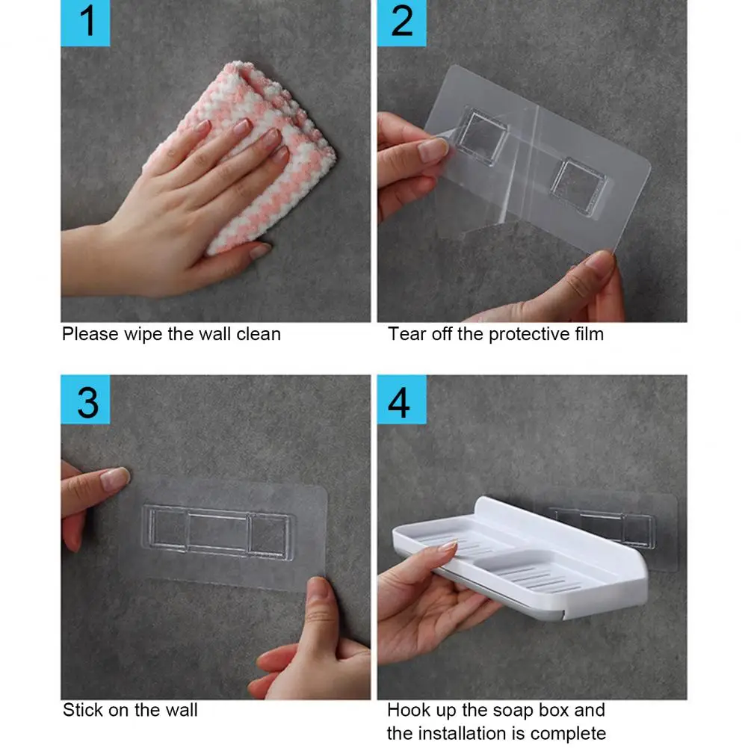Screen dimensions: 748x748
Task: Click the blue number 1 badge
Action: tap(85, 23)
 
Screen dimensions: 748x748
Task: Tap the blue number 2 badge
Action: tap(402, 23)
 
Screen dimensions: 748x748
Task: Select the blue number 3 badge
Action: tap(85, 400)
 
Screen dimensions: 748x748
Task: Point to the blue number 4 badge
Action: tap(402, 400)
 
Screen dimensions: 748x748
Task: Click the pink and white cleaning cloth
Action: tap(248, 152)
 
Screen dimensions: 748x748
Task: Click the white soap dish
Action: tap(520, 559)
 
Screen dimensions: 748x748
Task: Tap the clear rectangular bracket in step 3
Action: tap(217, 532)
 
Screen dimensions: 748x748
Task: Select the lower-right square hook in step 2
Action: tap(578, 186)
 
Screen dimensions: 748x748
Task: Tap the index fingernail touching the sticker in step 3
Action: tap(115, 479)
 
